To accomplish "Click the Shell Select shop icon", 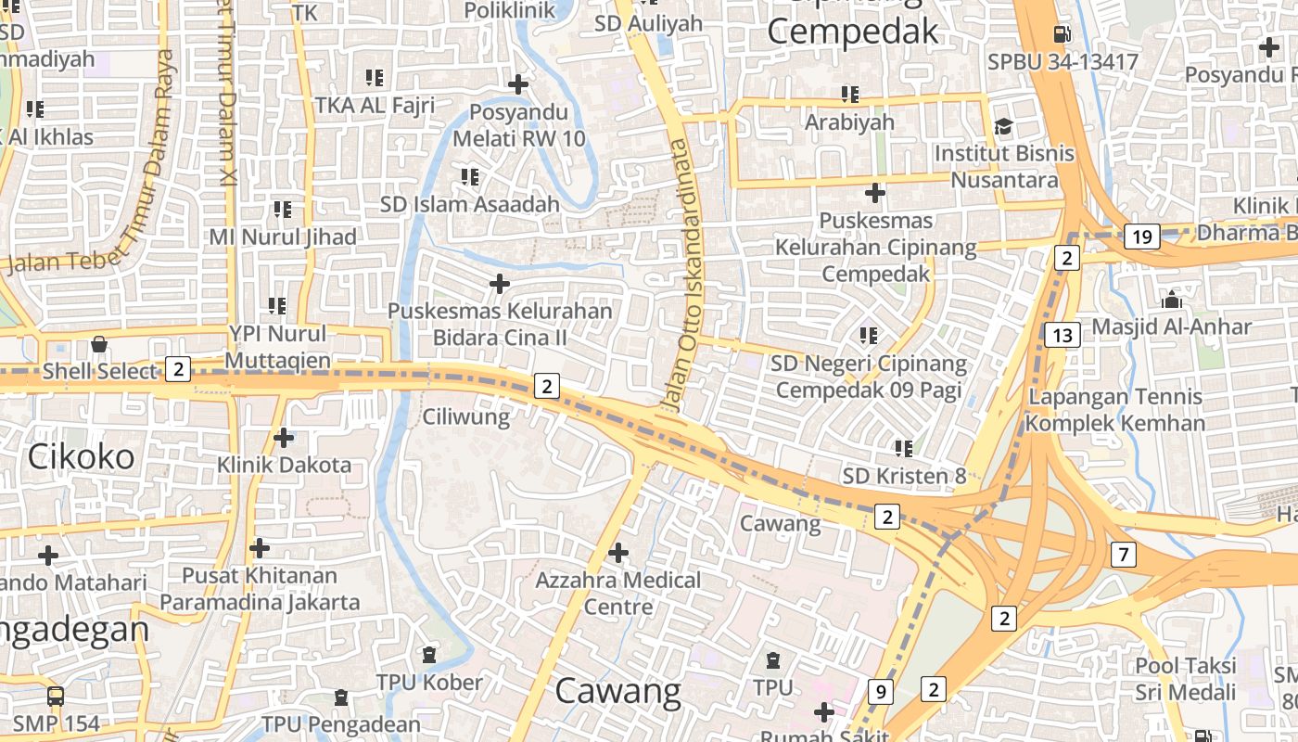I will click(x=99, y=345).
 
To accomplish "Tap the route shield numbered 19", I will click(x=1142, y=237).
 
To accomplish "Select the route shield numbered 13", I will click(x=1063, y=335).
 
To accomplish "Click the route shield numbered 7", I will click(x=1123, y=555).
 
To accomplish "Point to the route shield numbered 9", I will click(x=880, y=691).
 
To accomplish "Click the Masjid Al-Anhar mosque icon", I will click(x=1172, y=300).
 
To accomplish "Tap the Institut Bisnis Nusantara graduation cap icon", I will click(x=1003, y=126).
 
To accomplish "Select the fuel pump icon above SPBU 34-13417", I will click(x=1062, y=34).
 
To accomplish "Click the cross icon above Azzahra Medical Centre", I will click(x=618, y=554).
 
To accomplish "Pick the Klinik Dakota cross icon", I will click(x=284, y=437).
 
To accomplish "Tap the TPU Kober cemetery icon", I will click(x=428, y=656).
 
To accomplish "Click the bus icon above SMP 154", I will click(x=56, y=696).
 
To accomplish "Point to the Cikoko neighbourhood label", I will click(x=81, y=456).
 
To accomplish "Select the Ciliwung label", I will click(x=466, y=417).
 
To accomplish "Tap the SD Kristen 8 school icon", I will click(x=904, y=449).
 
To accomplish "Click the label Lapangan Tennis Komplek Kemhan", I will click(x=1116, y=410).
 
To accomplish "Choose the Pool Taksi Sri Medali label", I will click(x=1186, y=679).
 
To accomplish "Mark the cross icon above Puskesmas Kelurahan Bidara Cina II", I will click(x=500, y=283).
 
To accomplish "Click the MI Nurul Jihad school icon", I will click(x=283, y=210).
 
